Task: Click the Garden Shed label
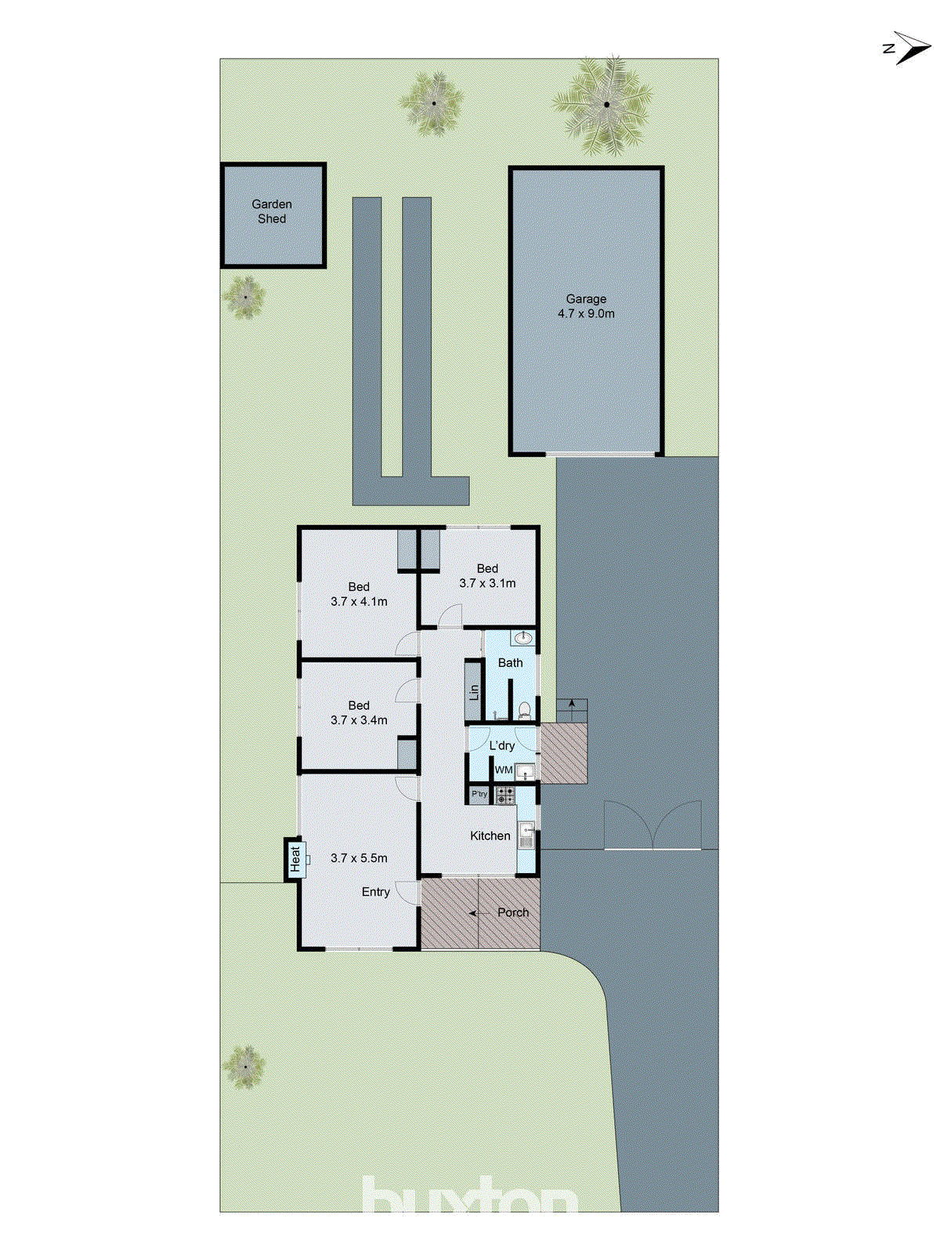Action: coord(272,212)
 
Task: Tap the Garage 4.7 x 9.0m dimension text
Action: coord(586,313)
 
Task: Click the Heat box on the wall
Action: coord(295,859)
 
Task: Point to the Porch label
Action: coord(513,912)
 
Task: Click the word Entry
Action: coord(376,892)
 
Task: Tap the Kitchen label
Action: coord(490,836)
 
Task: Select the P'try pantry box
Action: coord(479,795)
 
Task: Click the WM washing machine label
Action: coord(504,770)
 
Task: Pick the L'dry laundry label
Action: coord(502,745)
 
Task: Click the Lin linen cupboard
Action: coord(474,692)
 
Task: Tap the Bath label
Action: coord(511,663)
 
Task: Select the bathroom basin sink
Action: coord(522,639)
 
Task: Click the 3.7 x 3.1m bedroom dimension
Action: coord(487,583)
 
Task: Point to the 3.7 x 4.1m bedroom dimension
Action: coord(359,602)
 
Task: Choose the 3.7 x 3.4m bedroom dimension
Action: coord(359,720)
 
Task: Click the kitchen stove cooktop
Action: coord(505,796)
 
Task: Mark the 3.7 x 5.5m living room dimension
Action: coord(359,858)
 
